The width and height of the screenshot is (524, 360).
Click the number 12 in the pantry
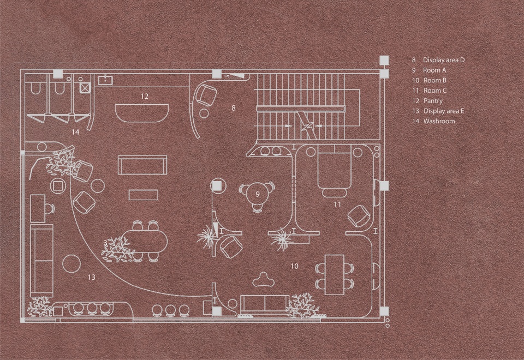coord(144,96)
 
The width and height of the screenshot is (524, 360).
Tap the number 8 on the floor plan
coord(234,108)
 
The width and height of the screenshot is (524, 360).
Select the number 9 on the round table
coord(258,194)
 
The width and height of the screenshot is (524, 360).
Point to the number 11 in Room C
coord(337,204)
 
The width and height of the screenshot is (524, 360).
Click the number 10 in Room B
coord(294,266)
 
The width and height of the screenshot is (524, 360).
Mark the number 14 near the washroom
coord(75,132)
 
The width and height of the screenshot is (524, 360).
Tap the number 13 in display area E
coord(92,277)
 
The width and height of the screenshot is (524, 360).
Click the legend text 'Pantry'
coord(433,101)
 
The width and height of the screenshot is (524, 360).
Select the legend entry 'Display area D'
coord(444,60)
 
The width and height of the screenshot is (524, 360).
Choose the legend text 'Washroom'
coord(439,121)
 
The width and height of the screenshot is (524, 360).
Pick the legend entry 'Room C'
coord(435,91)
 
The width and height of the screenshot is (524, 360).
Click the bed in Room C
coord(334,170)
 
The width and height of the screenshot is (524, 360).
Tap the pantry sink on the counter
coord(105,80)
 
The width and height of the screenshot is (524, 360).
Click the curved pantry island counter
coord(142,113)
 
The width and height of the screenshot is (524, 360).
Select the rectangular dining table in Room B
coord(335,275)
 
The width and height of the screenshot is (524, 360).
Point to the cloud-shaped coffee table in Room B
coord(264,280)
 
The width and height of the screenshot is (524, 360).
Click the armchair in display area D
coord(205,95)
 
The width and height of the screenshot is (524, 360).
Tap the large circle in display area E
coord(72,264)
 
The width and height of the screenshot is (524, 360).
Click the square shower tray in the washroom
coord(85,88)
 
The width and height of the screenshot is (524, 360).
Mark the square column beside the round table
coord(217,185)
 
